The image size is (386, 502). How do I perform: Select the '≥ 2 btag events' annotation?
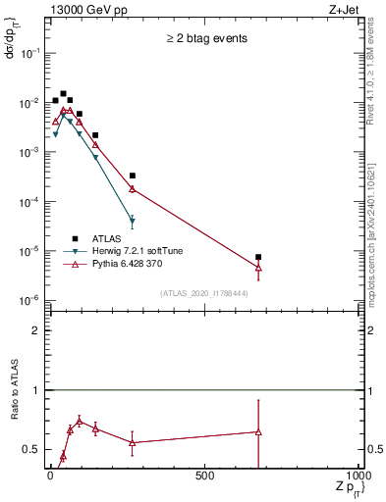[205, 39]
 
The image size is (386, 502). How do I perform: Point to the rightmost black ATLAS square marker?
[258, 257]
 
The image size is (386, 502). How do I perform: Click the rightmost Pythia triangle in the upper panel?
[258, 267]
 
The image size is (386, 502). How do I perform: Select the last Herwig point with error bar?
[132, 220]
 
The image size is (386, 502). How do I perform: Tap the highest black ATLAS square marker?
[63, 94]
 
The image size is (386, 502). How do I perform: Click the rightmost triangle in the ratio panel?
[258, 431]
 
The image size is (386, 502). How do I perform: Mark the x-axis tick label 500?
[205, 476]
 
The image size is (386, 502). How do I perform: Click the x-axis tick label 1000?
[358, 476]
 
